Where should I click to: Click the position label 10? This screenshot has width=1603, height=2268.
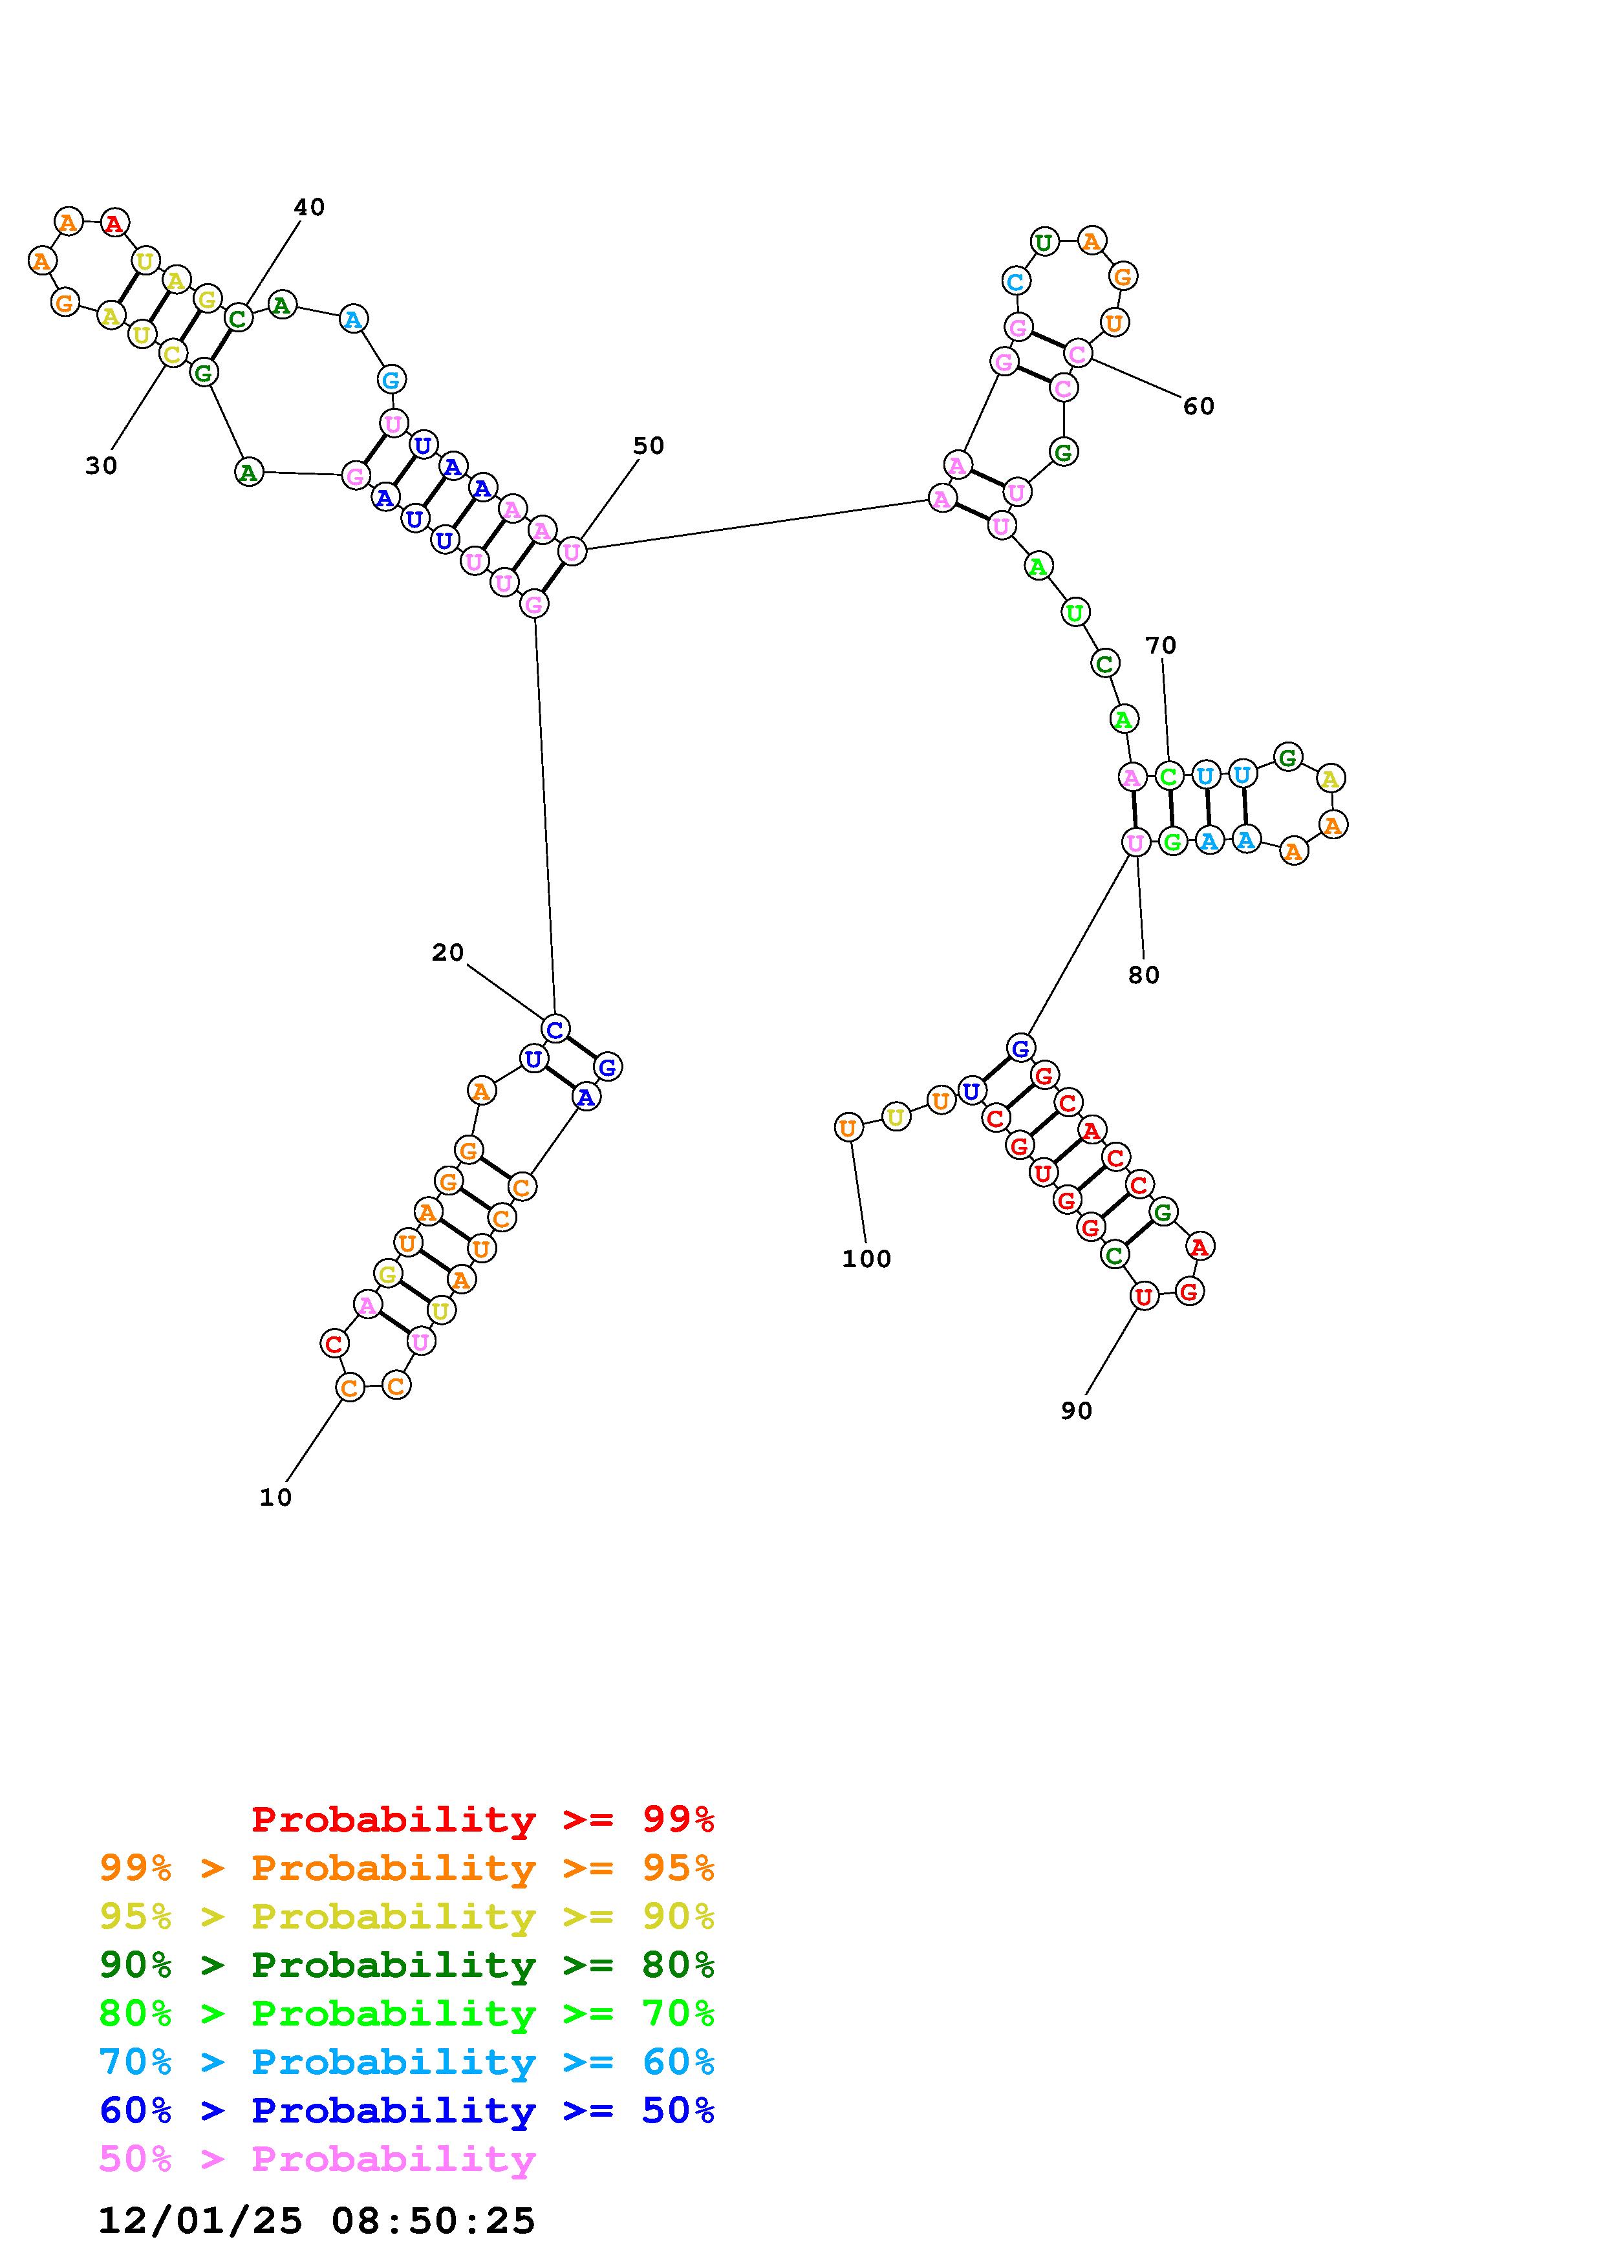(275, 1497)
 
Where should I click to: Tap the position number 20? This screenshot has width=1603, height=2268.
(447, 952)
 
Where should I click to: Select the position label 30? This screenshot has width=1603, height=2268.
(101, 465)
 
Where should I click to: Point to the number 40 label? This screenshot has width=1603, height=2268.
(309, 206)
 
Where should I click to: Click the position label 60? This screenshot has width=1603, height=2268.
(1198, 406)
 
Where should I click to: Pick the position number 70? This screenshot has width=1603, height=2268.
(1161, 645)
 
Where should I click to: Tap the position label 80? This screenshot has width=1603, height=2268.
(1144, 975)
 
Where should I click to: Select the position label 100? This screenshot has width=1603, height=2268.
(866, 1259)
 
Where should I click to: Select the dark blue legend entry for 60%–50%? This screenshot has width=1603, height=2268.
(407, 2110)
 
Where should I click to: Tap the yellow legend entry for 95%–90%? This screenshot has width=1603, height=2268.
(407, 1916)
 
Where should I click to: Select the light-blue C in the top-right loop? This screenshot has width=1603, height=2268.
(1015, 281)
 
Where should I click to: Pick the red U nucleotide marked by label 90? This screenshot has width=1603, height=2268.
(1144, 1296)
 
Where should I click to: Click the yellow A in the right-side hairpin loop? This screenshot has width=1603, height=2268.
(1330, 778)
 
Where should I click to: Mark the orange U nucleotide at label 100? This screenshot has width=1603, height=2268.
(848, 1127)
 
